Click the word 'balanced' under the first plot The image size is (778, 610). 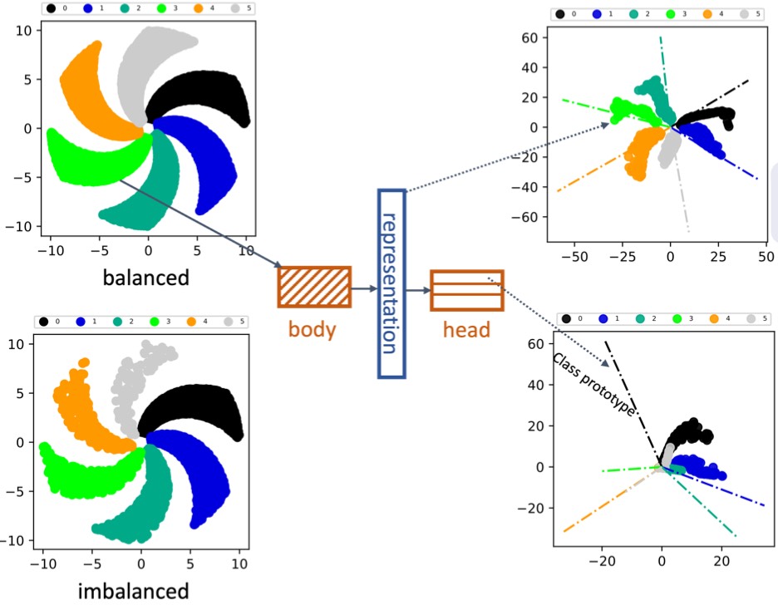pyautogui.click(x=145, y=277)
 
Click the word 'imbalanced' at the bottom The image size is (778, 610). pyautogui.click(x=133, y=591)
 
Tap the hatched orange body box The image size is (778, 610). pyautogui.click(x=314, y=288)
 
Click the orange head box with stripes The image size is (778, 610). pyautogui.click(x=466, y=290)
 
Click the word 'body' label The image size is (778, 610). pyautogui.click(x=312, y=329)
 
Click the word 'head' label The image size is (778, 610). pyautogui.click(x=465, y=329)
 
